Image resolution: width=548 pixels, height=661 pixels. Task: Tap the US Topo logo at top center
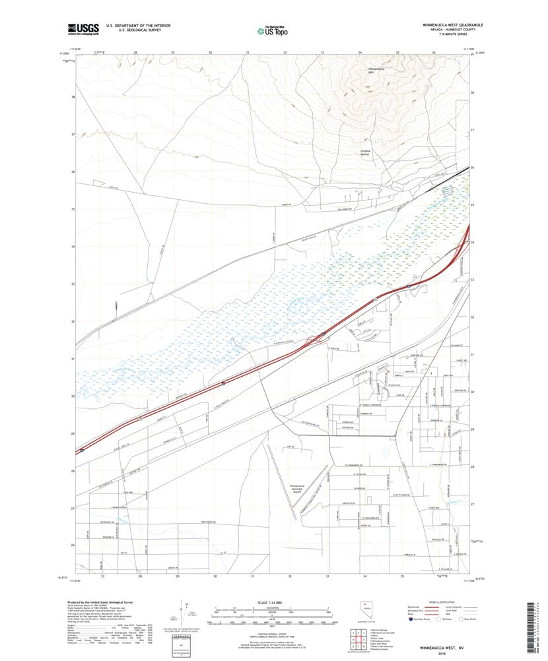point(274,29)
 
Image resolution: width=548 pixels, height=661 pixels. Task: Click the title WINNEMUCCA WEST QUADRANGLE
point(453,24)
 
